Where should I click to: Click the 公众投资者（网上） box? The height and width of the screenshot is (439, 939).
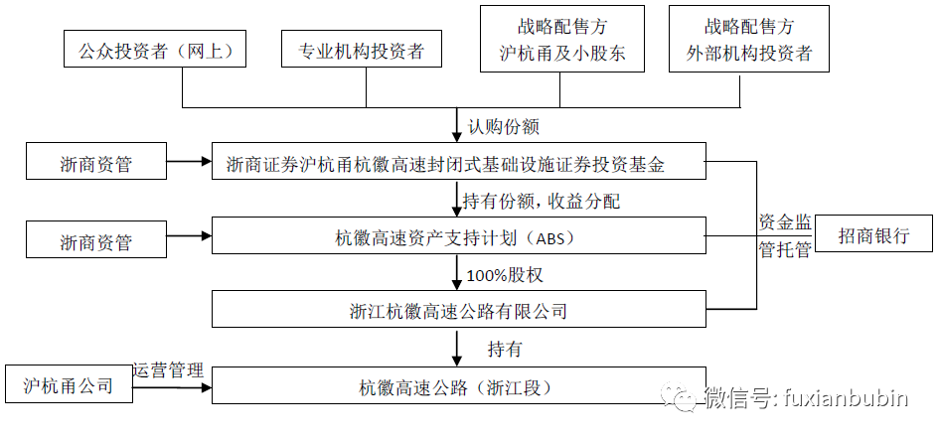pyautogui.click(x=154, y=49)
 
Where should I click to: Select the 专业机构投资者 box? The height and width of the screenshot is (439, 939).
pyautogui.click(x=362, y=49)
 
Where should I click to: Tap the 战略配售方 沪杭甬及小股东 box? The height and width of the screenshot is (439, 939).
pyautogui.click(x=562, y=39)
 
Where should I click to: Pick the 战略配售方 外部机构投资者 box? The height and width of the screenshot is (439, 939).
pyautogui.click(x=748, y=39)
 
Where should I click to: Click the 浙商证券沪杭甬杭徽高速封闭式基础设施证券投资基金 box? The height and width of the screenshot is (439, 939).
pyautogui.click(x=459, y=161)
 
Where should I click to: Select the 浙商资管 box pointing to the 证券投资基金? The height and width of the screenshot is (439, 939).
pyautogui.click(x=96, y=161)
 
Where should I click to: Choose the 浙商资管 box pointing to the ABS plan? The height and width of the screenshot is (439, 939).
pyautogui.click(x=96, y=239)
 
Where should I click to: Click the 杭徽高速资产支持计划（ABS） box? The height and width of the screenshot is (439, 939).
pyautogui.click(x=459, y=235)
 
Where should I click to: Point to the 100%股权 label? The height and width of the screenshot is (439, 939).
pyautogui.click(x=505, y=275)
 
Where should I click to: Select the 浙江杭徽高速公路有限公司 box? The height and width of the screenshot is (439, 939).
pyautogui.click(x=459, y=309)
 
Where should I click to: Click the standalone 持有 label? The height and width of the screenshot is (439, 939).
pyautogui.click(x=505, y=350)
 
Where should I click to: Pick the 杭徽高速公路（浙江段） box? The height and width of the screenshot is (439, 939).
pyautogui.click(x=459, y=385)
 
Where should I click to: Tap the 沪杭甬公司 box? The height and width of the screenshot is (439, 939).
pyautogui.click(x=69, y=384)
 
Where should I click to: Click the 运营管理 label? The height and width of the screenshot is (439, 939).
pyautogui.click(x=169, y=370)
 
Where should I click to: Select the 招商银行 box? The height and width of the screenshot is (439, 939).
pyautogui.click(x=873, y=233)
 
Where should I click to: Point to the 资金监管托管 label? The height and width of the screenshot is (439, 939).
pyautogui.click(x=785, y=236)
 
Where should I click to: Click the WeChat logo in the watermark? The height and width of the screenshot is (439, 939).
pyautogui.click(x=679, y=397)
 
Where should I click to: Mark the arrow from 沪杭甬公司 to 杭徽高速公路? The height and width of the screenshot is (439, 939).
pyautogui.click(x=173, y=387)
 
